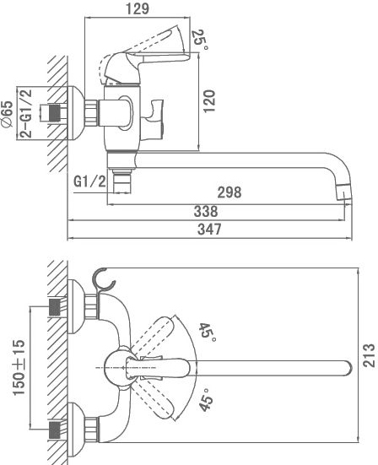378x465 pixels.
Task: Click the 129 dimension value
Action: [138, 8]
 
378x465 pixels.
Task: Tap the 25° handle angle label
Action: [201, 40]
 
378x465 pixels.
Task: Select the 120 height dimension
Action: [209, 101]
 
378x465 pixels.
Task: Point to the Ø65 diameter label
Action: [8, 114]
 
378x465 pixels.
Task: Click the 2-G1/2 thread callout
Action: [27, 113]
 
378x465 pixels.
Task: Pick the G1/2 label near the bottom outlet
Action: [89, 181]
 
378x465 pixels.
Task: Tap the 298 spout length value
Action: [229, 192]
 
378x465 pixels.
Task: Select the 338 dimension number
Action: [206, 212]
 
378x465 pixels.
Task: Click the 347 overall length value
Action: [209, 230]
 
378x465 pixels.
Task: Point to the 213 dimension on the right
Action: [369, 355]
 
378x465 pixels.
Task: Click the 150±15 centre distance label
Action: [19, 367]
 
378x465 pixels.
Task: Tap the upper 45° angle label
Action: [207, 333]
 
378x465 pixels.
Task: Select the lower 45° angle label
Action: [206, 400]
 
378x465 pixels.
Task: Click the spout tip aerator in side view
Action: [344, 192]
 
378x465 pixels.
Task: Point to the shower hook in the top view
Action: [103, 280]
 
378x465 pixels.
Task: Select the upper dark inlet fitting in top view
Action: [55, 307]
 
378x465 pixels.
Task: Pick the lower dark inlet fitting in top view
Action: [55, 430]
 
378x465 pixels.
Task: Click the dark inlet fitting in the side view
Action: [55, 113]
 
